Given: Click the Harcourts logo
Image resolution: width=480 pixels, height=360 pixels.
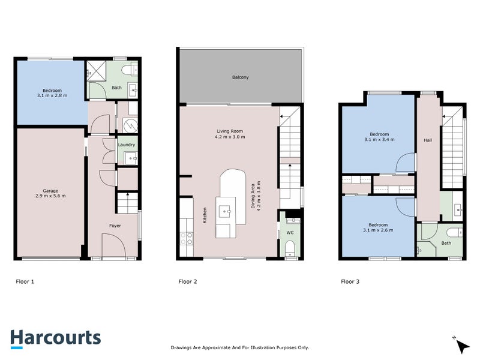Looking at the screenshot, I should click(55, 338).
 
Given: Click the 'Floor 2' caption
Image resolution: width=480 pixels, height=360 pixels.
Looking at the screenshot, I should click(188, 281).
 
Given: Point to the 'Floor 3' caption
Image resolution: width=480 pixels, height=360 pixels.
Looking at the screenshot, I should click(351, 281).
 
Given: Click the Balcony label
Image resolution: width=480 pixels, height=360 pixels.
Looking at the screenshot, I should click(240, 77).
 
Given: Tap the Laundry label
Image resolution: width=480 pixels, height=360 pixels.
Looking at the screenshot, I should click(127, 145).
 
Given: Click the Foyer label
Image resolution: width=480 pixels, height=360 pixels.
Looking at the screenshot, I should click(115, 226).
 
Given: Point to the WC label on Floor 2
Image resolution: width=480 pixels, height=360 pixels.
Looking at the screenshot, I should click(290, 232).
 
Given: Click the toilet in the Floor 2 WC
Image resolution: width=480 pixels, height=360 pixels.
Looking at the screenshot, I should click(290, 248).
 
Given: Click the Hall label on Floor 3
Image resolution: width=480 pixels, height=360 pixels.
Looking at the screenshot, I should click(427, 140).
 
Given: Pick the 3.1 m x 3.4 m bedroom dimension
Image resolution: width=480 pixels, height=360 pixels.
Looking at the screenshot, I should click(379, 139).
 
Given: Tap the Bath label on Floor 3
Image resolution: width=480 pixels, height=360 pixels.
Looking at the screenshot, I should click(446, 243).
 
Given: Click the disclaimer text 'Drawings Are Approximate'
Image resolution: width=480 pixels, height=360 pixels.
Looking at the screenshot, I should click(239, 347).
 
